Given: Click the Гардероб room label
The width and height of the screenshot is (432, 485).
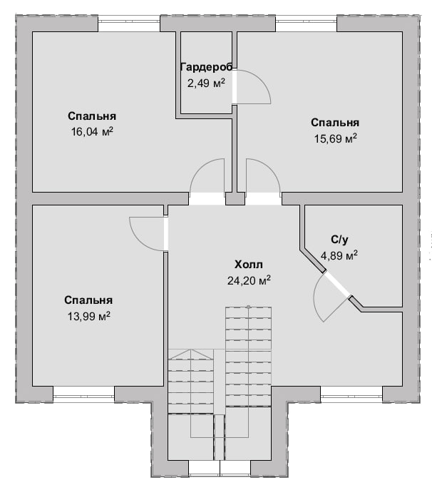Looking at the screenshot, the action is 206,67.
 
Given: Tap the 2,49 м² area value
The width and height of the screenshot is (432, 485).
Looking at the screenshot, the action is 206,83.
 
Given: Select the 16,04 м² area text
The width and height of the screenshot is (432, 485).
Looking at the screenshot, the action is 92,132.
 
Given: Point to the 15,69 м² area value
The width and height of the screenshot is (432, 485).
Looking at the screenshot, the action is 336,138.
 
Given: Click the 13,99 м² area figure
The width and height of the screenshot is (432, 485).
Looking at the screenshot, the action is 89,316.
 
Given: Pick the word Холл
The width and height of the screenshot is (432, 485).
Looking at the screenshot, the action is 249,265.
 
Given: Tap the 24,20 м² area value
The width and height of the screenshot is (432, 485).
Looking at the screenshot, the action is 250,280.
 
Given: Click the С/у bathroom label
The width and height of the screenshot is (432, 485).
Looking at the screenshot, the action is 339,240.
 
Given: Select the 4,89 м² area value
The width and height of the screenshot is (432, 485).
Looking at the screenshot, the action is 339,255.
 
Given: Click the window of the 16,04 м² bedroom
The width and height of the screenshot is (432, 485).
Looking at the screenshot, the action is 129,22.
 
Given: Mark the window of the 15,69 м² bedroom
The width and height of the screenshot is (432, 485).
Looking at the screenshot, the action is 306,22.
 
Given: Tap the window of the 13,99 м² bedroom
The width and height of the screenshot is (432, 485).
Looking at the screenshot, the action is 84,394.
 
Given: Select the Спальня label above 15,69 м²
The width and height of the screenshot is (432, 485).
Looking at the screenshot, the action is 335,123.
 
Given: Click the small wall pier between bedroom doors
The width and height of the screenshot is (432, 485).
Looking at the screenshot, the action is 235,198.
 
